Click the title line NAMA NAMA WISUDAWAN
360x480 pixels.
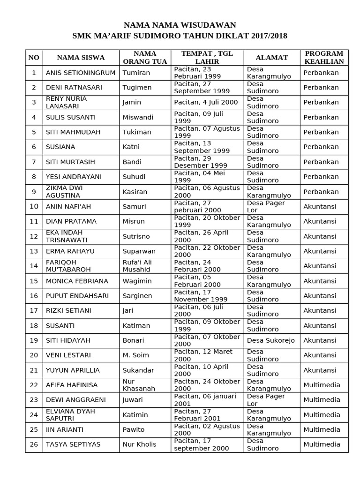point(180,25)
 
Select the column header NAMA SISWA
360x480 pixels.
point(81,58)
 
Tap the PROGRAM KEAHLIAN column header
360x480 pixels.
point(324,57)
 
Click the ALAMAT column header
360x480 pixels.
point(272,58)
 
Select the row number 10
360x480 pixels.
point(34,206)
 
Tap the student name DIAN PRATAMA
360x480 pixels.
point(71,221)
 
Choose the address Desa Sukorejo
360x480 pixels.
point(270,340)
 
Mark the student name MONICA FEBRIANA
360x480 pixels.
point(77,281)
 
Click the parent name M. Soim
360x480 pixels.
point(133,355)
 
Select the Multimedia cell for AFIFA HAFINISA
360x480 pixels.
point(322,385)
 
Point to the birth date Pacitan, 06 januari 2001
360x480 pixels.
point(207,400)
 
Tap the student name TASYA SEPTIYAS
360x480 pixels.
point(73,444)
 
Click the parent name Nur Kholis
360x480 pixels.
point(139,444)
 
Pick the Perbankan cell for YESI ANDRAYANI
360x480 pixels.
point(321,177)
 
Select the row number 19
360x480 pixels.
point(34,340)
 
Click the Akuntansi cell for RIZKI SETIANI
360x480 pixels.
point(320,310)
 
